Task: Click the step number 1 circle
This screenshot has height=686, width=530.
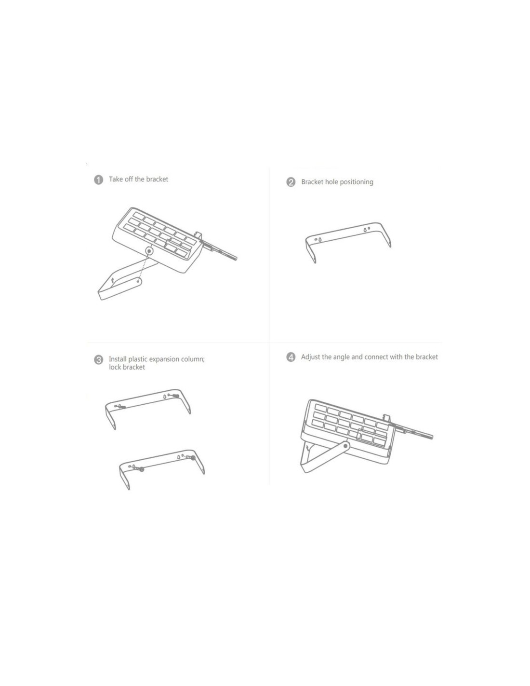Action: pyautogui.click(x=99, y=180)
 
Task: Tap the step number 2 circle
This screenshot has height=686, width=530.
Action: pyautogui.click(x=291, y=182)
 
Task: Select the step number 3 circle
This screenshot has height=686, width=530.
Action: pyautogui.click(x=99, y=360)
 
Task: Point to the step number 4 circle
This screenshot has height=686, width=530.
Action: pyautogui.click(x=291, y=357)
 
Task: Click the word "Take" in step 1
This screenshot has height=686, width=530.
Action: pyautogui.click(x=116, y=179)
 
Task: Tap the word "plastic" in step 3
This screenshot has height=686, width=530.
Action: pyautogui.click(x=138, y=359)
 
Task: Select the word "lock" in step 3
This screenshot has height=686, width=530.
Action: pyautogui.click(x=115, y=367)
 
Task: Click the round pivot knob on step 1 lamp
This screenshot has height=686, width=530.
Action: pyautogui.click(x=149, y=251)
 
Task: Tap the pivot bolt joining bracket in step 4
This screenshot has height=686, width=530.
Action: pyautogui.click(x=346, y=446)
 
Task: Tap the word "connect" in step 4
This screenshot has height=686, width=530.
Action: pyautogui.click(x=376, y=357)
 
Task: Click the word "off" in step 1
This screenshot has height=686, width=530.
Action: pyautogui.click(x=129, y=179)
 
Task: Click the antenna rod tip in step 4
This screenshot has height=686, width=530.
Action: pyautogui.click(x=432, y=437)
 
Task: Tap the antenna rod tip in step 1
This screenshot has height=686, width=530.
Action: pyautogui.click(x=236, y=259)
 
